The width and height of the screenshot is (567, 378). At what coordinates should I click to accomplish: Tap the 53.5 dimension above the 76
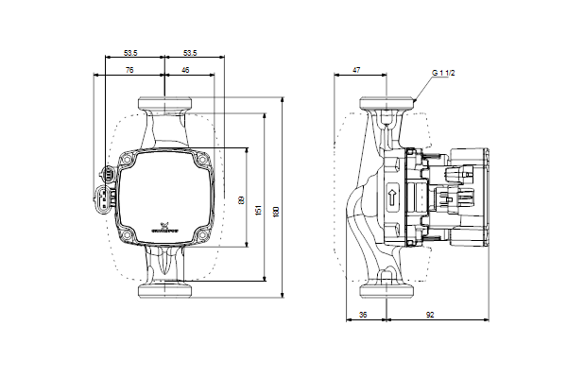(131, 52)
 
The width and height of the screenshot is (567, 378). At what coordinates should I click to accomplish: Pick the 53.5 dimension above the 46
(190, 52)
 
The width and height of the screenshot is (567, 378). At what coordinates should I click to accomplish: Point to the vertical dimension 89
(242, 201)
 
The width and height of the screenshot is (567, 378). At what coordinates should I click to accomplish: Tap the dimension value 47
(356, 69)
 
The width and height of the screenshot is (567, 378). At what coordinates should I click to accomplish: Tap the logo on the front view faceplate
(163, 230)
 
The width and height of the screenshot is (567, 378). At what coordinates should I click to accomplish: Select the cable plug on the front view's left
(106, 189)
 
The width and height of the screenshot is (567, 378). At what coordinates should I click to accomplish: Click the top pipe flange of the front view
(164, 103)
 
